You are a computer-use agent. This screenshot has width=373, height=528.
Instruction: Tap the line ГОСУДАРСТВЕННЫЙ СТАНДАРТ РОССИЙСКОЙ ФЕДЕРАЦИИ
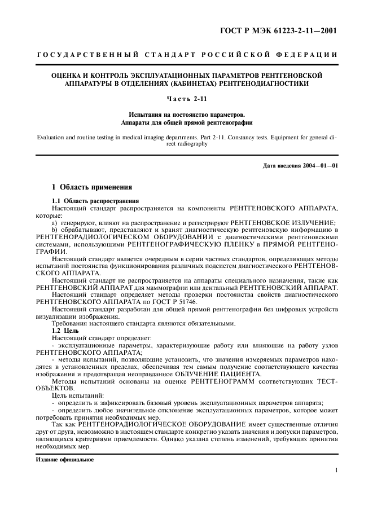tap(187, 55)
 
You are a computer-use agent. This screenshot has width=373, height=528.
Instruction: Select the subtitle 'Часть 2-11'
tap(186, 99)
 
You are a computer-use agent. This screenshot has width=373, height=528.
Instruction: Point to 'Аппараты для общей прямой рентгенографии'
tap(187, 122)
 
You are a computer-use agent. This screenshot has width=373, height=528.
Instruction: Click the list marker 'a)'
tap(55, 222)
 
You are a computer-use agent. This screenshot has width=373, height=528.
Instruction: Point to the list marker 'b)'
tap(55, 230)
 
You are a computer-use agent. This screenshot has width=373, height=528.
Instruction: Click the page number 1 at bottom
tap(336, 470)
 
